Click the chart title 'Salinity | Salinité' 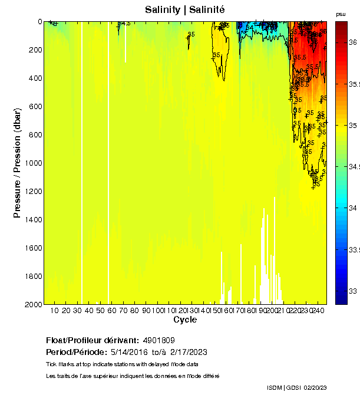(x=184, y=10)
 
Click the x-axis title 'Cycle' (x=185, y=320)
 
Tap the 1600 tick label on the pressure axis (x=31, y=248)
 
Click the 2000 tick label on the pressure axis (x=31, y=304)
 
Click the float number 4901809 (x=158, y=341)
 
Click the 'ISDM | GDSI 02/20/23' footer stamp (x=296, y=387)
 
